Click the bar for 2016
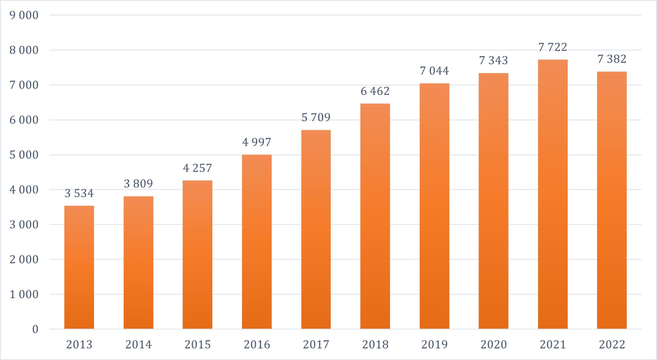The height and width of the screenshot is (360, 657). pos(257,242)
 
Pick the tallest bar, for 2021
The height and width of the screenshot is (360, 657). pos(552,194)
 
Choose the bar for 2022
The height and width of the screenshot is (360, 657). pos(612,200)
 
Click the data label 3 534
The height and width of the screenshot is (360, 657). pos(79,193)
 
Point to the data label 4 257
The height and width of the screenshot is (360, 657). pos(197,168)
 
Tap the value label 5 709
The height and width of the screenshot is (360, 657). pos(316,117)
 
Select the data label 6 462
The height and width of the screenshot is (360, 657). pos(375,91)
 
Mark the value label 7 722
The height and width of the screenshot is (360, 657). pos(552,47)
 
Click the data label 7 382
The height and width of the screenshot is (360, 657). pos(612,59)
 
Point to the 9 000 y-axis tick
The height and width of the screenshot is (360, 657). pos(24,15)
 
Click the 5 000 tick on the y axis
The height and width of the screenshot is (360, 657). pos(24,155)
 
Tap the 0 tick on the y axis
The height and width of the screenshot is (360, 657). pos(35,329)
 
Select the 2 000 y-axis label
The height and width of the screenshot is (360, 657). pos(24,259)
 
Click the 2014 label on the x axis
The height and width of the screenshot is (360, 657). pos(138,345)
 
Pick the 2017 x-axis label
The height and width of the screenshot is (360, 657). pos(316,345)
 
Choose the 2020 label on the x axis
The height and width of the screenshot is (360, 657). pos(493,345)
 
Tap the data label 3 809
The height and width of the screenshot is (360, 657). pos(138,184)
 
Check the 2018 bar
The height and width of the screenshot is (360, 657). pos(375,216)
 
